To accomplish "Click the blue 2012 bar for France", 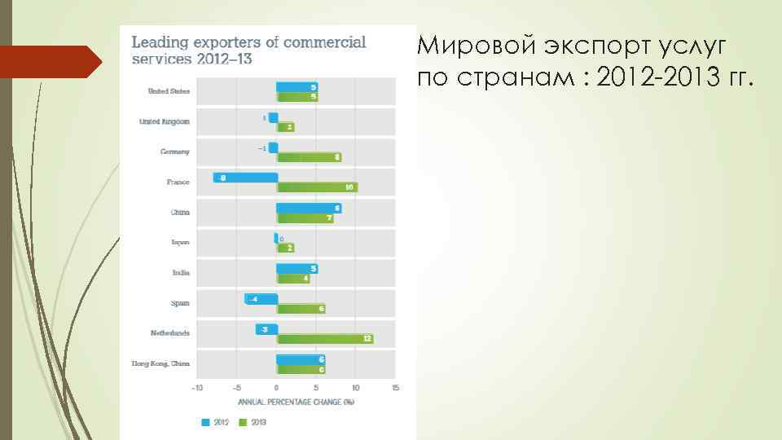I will pos(245,177).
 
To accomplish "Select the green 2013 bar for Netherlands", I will pos(325,338).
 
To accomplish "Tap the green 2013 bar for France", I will pos(317,187).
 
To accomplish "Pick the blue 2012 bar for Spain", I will pos(261,299).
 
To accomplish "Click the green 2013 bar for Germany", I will pos(309,156).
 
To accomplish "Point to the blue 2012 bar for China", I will pos(308,208).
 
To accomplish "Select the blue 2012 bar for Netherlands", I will pos(266,328).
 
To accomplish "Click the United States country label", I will pos(169,91).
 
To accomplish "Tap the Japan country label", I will pos(180,242).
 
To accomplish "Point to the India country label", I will pos(181,272).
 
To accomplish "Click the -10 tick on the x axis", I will pos(197,388).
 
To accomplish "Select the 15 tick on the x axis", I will pos(395,388).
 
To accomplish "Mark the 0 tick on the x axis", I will pos(276,388).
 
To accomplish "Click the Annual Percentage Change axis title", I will pos(296,401).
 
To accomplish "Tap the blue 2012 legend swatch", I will pos(206,422).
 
